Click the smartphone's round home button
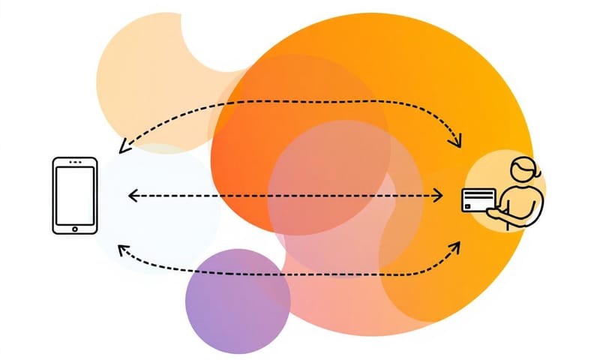74,226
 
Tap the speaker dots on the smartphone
74,162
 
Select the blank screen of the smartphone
74,193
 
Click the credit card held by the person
478,200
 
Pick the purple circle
237,301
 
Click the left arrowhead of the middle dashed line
132,196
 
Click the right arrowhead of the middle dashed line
442,196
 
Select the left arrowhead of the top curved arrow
123,149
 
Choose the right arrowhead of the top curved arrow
457,142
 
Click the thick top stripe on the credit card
478,194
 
